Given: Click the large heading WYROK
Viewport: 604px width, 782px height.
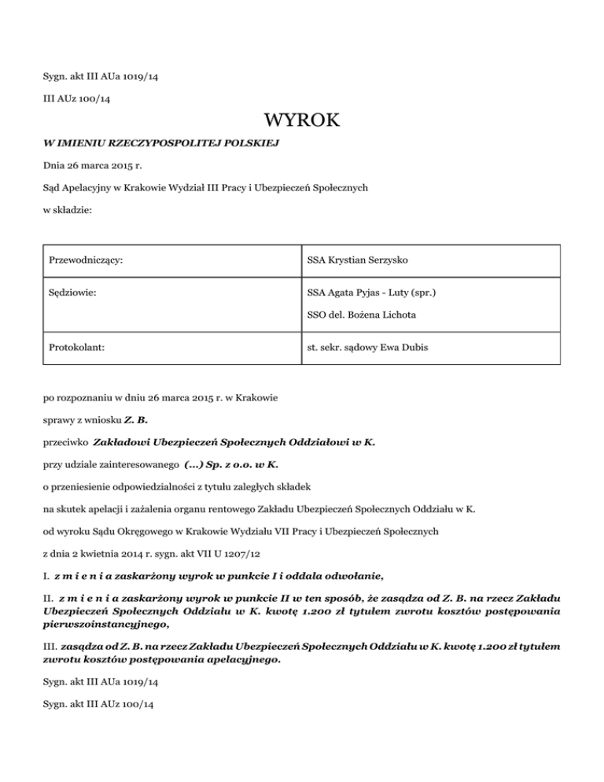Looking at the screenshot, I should click(302, 120).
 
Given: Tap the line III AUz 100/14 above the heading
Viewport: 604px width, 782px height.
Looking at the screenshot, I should click(75, 98).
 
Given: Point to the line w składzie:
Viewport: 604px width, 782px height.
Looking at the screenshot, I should click(68, 211).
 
